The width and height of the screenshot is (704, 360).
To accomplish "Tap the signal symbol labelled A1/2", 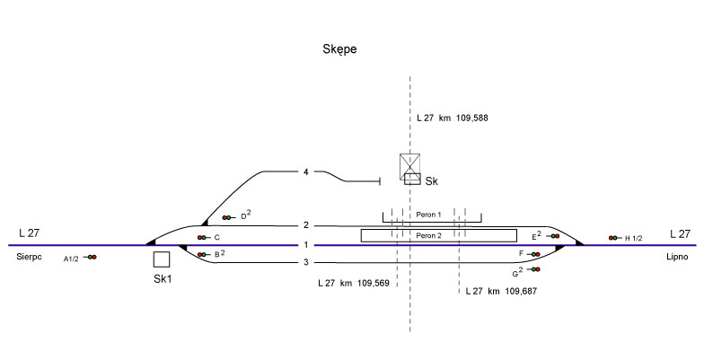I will pos(92,258).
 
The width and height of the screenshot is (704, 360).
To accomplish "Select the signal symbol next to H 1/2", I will pos(613,238).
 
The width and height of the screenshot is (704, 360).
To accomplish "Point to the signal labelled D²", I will pos(227,217).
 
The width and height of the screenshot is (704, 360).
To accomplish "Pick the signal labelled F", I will pos(535,255).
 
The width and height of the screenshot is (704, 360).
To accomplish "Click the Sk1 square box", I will pos(162,259).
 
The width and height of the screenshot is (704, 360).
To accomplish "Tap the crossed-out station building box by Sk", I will pos(410,165).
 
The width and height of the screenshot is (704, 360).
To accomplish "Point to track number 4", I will pos(306,171).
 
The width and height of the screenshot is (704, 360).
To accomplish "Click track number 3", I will pos(306,262).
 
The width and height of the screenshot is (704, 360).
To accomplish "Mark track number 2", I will pos(306,225).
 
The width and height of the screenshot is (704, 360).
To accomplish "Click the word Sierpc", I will pos(31,257).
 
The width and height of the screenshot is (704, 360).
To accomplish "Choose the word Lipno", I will pos(677,257).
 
